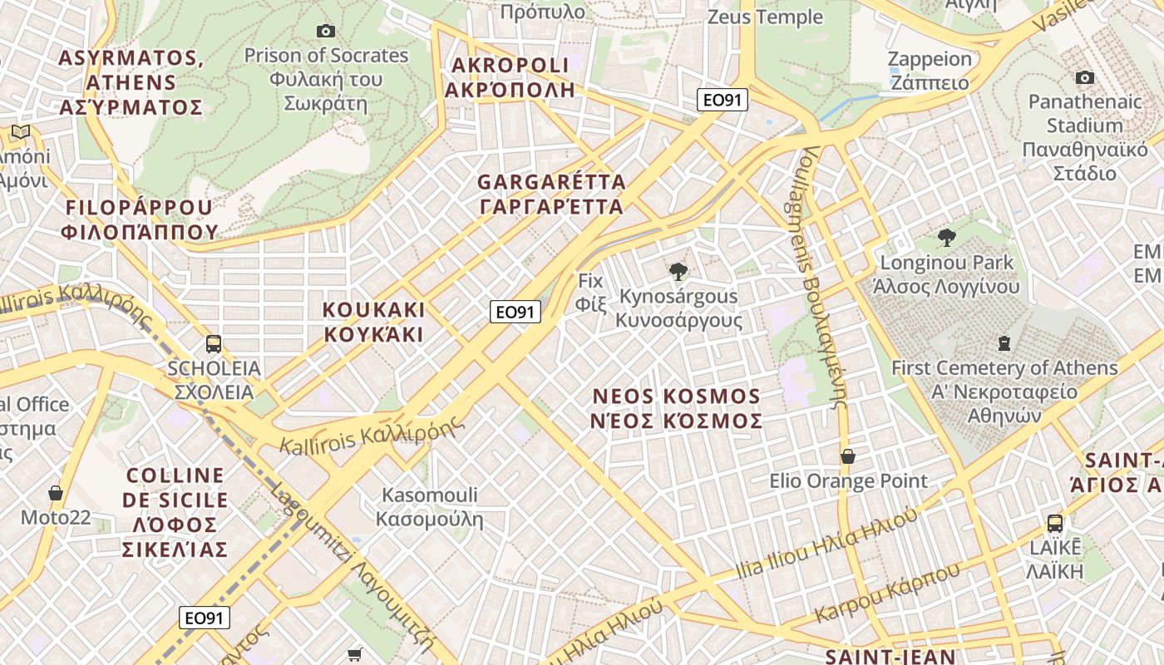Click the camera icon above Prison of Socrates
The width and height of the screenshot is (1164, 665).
coord(326,32)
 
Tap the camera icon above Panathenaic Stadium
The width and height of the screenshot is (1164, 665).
coord(1084,77)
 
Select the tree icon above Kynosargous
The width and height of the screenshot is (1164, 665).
coord(678,271)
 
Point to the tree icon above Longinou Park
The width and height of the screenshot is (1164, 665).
coord(946,238)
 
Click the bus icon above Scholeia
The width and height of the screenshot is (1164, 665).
coord(214,343)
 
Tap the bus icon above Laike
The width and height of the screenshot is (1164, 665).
coord(1055,524)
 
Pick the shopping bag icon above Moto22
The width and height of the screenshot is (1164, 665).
coord(56,493)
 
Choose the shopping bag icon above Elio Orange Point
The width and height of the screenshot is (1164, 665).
coord(848,456)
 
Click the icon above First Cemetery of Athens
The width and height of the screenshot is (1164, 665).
coord(1004,342)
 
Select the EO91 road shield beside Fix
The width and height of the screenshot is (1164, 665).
coord(515,312)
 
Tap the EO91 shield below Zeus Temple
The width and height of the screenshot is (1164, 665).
coord(723,101)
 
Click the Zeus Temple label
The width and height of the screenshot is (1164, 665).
coord(765,17)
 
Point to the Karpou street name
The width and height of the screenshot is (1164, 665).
coord(886,592)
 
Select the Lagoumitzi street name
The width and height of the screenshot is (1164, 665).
coord(353,565)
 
